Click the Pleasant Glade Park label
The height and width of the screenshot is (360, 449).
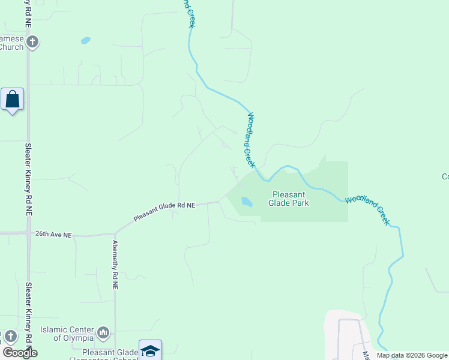click(290, 199)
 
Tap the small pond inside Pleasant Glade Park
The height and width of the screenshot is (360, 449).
click(246, 202)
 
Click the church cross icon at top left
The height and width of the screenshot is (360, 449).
click(32, 42)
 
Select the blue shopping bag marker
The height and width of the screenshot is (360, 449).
click(12, 99)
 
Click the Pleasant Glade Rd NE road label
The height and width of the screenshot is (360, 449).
click(164, 212)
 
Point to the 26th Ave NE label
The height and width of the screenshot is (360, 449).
click(53, 234)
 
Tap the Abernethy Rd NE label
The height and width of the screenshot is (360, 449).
click(115, 265)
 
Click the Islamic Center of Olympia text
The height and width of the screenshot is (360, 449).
click(67, 334)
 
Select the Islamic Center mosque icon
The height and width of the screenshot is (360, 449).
click(103, 331)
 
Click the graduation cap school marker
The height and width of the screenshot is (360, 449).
click(150, 350)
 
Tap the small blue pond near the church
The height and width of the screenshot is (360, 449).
click(85, 41)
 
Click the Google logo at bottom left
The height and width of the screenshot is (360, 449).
click(20, 353)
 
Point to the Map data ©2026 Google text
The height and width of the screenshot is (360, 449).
click(412, 355)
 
